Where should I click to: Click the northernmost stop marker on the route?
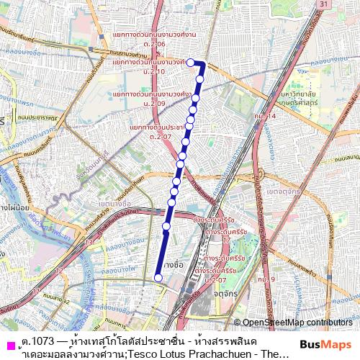(x=192, y=63)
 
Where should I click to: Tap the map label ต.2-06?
(x=157, y=45)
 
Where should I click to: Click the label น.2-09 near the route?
(x=156, y=104)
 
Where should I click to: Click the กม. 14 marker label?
(x=265, y=116)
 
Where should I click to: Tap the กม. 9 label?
(x=265, y=279)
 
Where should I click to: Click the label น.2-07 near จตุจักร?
(x=215, y=279)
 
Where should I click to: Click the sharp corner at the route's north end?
(x=204, y=63)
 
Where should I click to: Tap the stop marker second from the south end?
(x=166, y=226)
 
